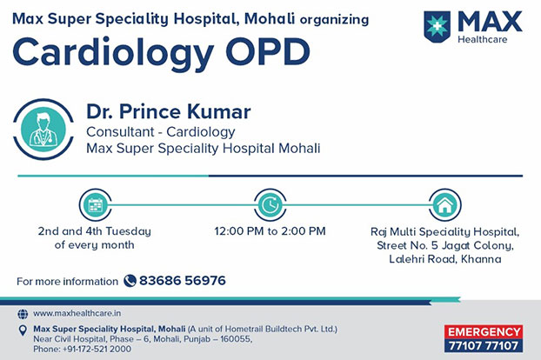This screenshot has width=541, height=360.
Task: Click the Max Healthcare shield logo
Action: [437, 27]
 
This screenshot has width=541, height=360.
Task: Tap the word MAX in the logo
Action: [490, 22]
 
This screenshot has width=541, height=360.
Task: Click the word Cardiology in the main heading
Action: [113, 53]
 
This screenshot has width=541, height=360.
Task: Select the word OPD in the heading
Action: [268, 51]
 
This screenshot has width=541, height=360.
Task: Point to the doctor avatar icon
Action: [43, 129]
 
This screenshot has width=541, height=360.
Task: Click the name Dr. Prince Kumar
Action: [169, 111]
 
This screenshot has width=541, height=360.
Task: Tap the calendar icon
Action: [95, 205]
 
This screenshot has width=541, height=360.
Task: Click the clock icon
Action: [270, 205]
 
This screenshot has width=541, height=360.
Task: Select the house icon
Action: [444, 205]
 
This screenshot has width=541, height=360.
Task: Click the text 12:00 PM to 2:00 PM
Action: [270, 230]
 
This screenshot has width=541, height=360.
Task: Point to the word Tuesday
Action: [128, 231]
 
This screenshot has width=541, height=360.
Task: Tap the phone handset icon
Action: [130, 281]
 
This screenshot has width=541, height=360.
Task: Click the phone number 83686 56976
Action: [183, 280]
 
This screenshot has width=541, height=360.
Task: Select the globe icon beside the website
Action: [23, 314]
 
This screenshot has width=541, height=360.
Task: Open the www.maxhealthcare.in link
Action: [77, 313]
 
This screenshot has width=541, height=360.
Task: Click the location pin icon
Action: [23, 330]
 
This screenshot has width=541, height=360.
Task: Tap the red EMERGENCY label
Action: [484, 331]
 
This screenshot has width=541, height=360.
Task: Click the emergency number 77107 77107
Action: [484, 345]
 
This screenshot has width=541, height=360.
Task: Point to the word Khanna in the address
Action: [481, 258]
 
